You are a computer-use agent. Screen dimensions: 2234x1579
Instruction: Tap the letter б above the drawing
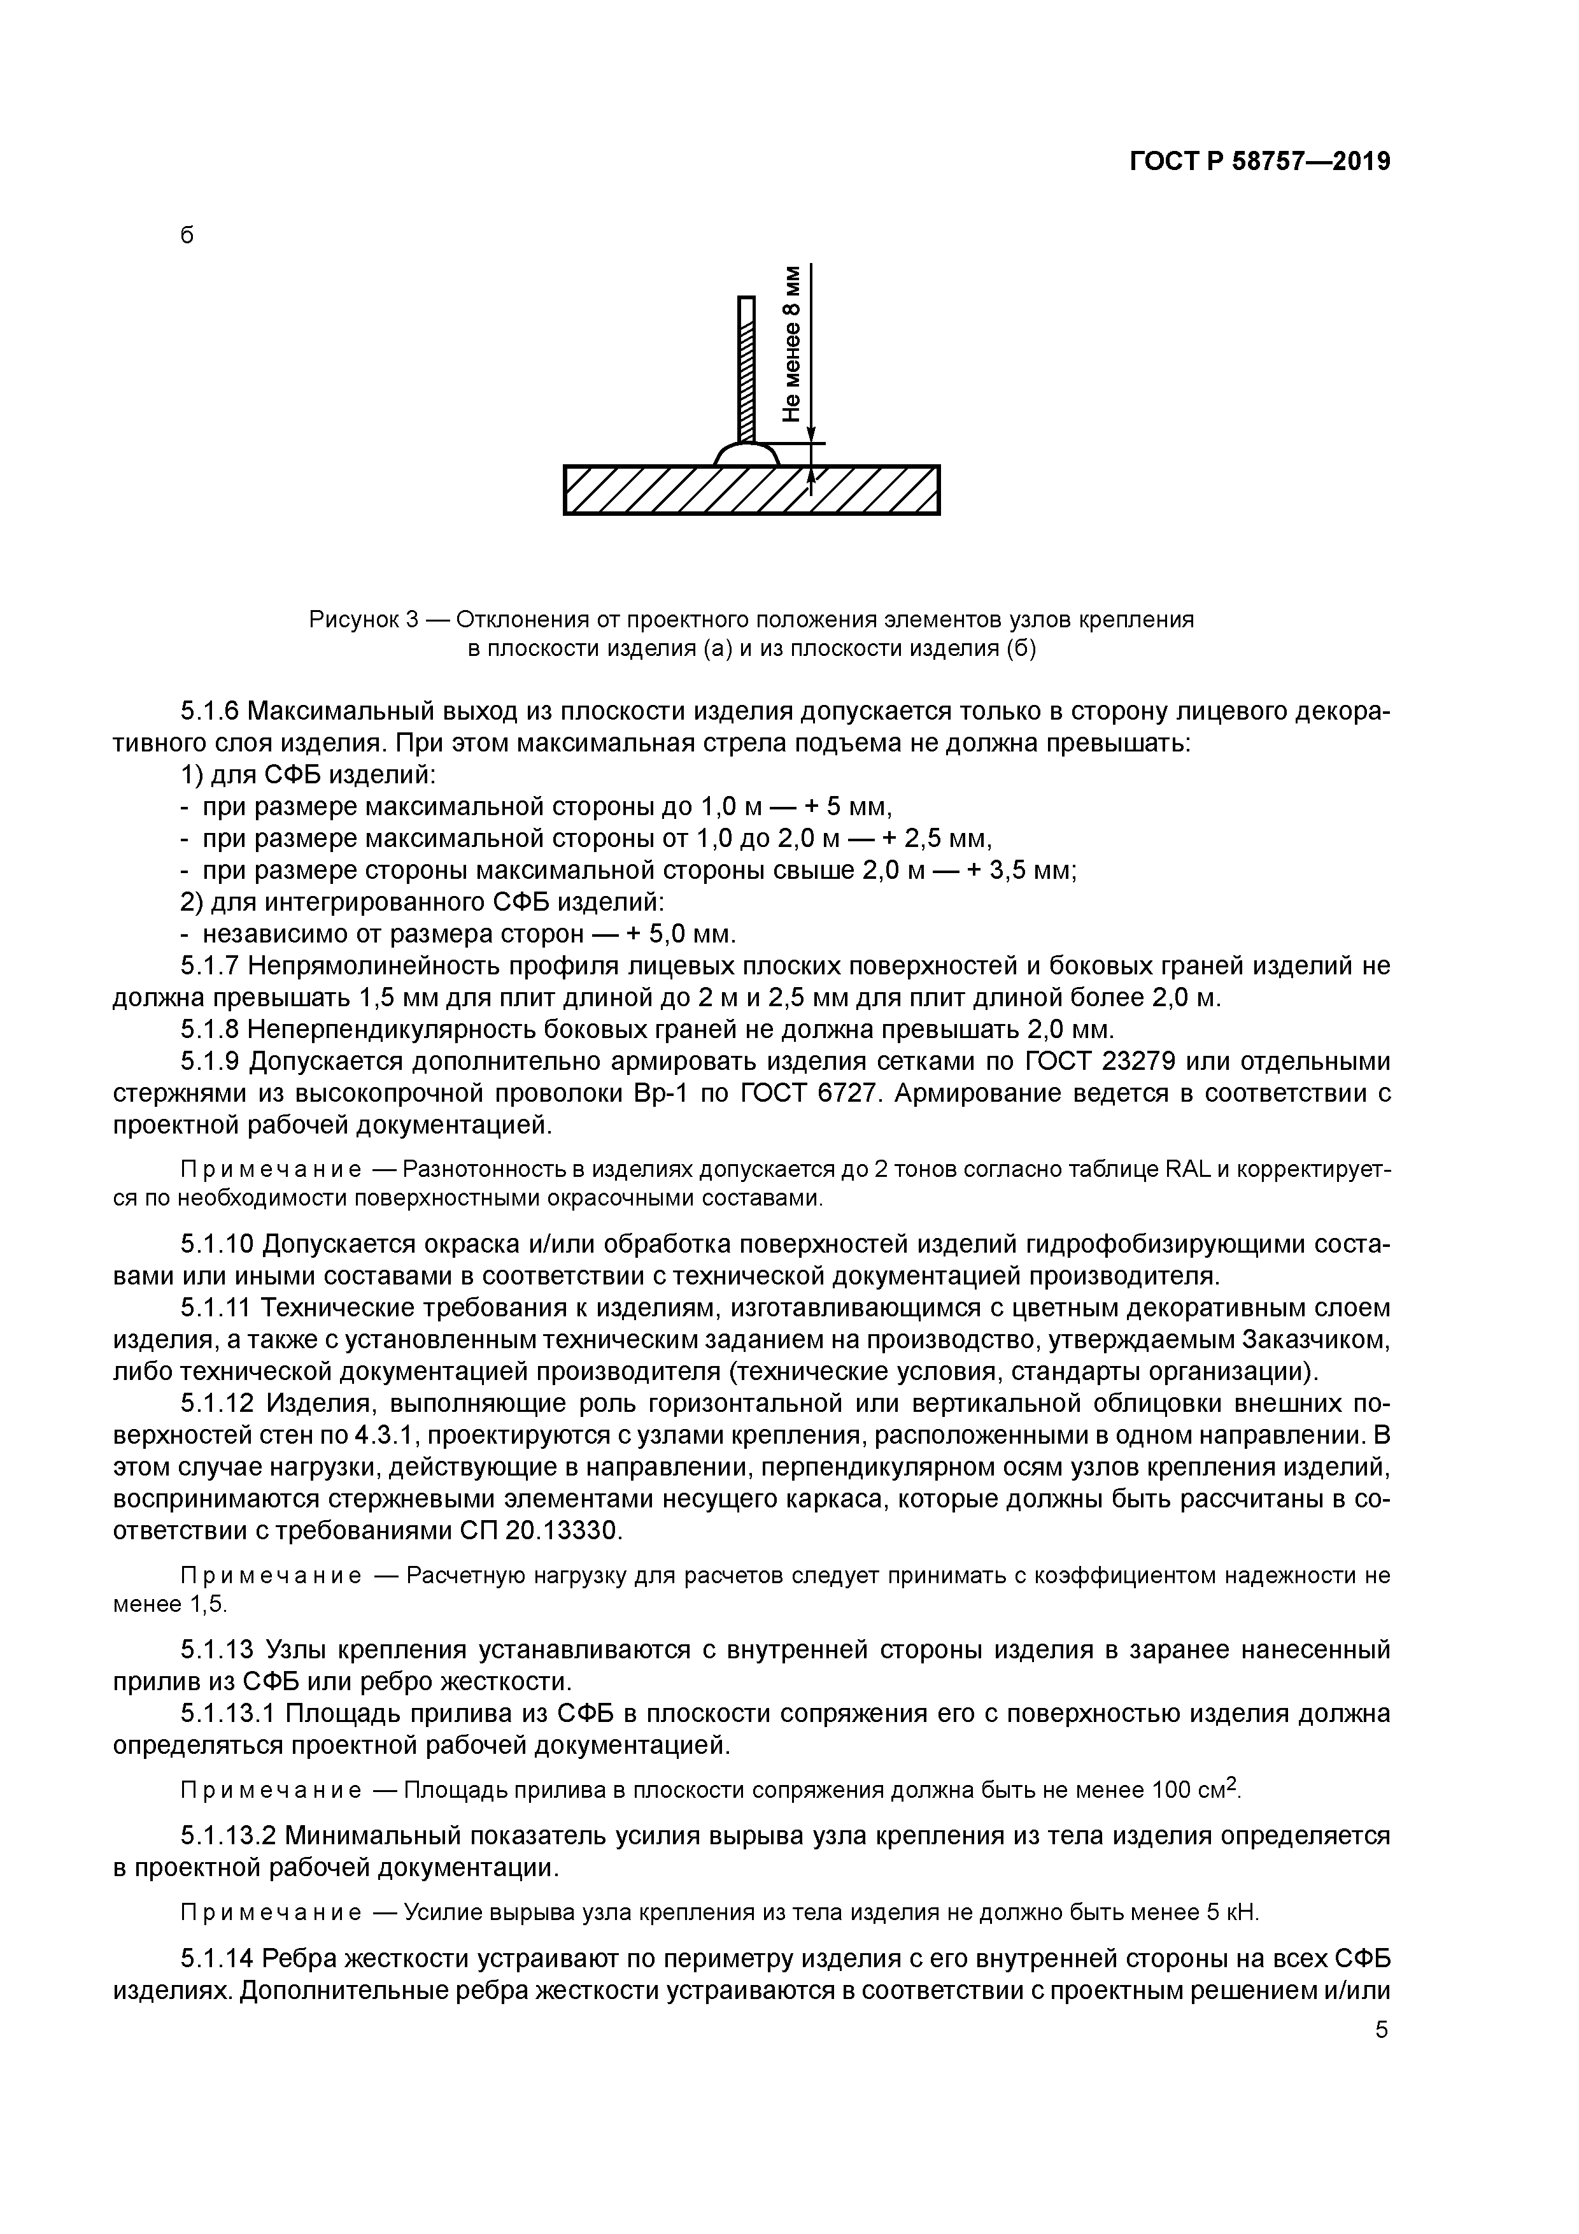(x=187, y=236)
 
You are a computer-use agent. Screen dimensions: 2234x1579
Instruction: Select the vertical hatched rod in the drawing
(x=746, y=370)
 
